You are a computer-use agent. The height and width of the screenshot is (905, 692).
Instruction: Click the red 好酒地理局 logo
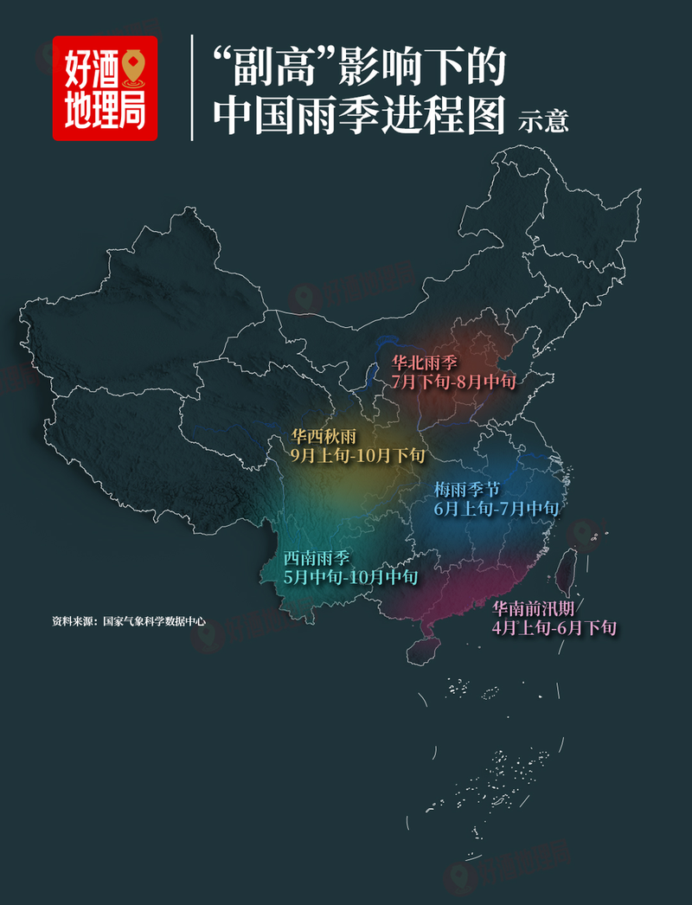[x=105, y=87]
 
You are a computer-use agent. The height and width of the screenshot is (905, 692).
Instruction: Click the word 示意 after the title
[x=543, y=120]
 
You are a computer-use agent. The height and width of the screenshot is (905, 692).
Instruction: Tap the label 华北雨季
[x=425, y=363]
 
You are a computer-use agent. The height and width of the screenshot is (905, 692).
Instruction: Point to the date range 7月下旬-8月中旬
[x=453, y=381]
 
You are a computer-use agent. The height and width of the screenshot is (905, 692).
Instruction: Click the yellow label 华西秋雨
[x=324, y=436]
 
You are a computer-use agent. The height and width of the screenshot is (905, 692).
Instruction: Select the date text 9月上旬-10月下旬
[x=357, y=454]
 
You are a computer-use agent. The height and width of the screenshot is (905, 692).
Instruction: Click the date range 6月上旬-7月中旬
[x=496, y=509]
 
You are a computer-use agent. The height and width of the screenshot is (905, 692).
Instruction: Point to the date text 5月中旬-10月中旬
[x=350, y=576]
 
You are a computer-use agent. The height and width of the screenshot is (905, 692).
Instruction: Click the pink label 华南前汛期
[x=539, y=609]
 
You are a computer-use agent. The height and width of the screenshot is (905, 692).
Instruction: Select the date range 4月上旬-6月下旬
[x=554, y=628]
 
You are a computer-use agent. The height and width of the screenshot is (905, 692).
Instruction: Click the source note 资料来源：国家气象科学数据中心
[x=128, y=620]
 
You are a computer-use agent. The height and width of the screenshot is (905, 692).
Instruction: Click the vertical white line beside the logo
[x=192, y=87]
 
